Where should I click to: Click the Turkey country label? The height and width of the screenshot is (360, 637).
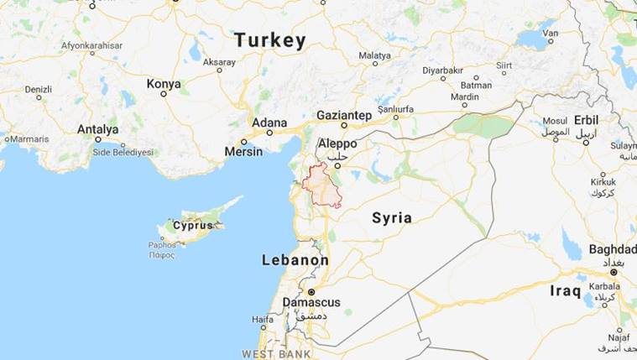[x=269, y=39]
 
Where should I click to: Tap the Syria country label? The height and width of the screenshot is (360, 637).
[x=392, y=218]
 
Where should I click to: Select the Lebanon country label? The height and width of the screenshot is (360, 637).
[x=295, y=260]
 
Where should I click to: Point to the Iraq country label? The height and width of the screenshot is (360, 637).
[x=565, y=290]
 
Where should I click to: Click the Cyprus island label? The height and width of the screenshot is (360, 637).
[x=193, y=225]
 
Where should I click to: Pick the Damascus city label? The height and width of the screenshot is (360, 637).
[x=311, y=301]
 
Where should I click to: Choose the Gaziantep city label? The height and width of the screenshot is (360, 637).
[x=344, y=115]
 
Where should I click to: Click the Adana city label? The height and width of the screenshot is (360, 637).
[x=269, y=123]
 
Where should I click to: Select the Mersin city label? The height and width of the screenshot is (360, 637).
[x=243, y=152]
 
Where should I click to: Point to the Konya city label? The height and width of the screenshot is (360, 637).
[x=164, y=84]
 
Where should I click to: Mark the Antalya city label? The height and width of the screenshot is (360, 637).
[x=97, y=129]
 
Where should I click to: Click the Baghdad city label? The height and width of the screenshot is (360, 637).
[x=612, y=250]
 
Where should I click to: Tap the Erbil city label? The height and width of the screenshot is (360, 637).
[x=587, y=119]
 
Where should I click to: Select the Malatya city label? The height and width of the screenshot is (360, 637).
[x=374, y=55]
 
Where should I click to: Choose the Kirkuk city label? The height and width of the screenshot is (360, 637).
[x=603, y=181]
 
